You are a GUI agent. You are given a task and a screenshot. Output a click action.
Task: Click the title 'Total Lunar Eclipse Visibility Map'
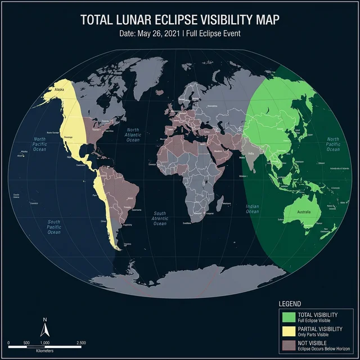click(x=180, y=19)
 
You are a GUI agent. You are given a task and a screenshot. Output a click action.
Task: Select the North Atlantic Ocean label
click(x=133, y=136)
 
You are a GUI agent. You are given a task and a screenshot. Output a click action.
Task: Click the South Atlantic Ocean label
click(x=160, y=219)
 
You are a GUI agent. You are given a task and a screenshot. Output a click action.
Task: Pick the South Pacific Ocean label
click(x=54, y=227)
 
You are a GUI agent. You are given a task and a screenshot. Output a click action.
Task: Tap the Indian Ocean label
click(x=253, y=209)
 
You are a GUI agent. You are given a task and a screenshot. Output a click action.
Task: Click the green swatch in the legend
click(x=289, y=317)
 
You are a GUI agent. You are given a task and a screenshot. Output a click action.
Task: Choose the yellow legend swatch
click(x=289, y=330)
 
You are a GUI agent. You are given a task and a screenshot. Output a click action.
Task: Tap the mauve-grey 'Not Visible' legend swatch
click(x=289, y=344)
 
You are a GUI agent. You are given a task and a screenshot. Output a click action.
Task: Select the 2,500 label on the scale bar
click(x=80, y=342)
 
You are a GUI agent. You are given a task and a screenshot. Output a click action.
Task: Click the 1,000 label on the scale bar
click(x=45, y=342)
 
